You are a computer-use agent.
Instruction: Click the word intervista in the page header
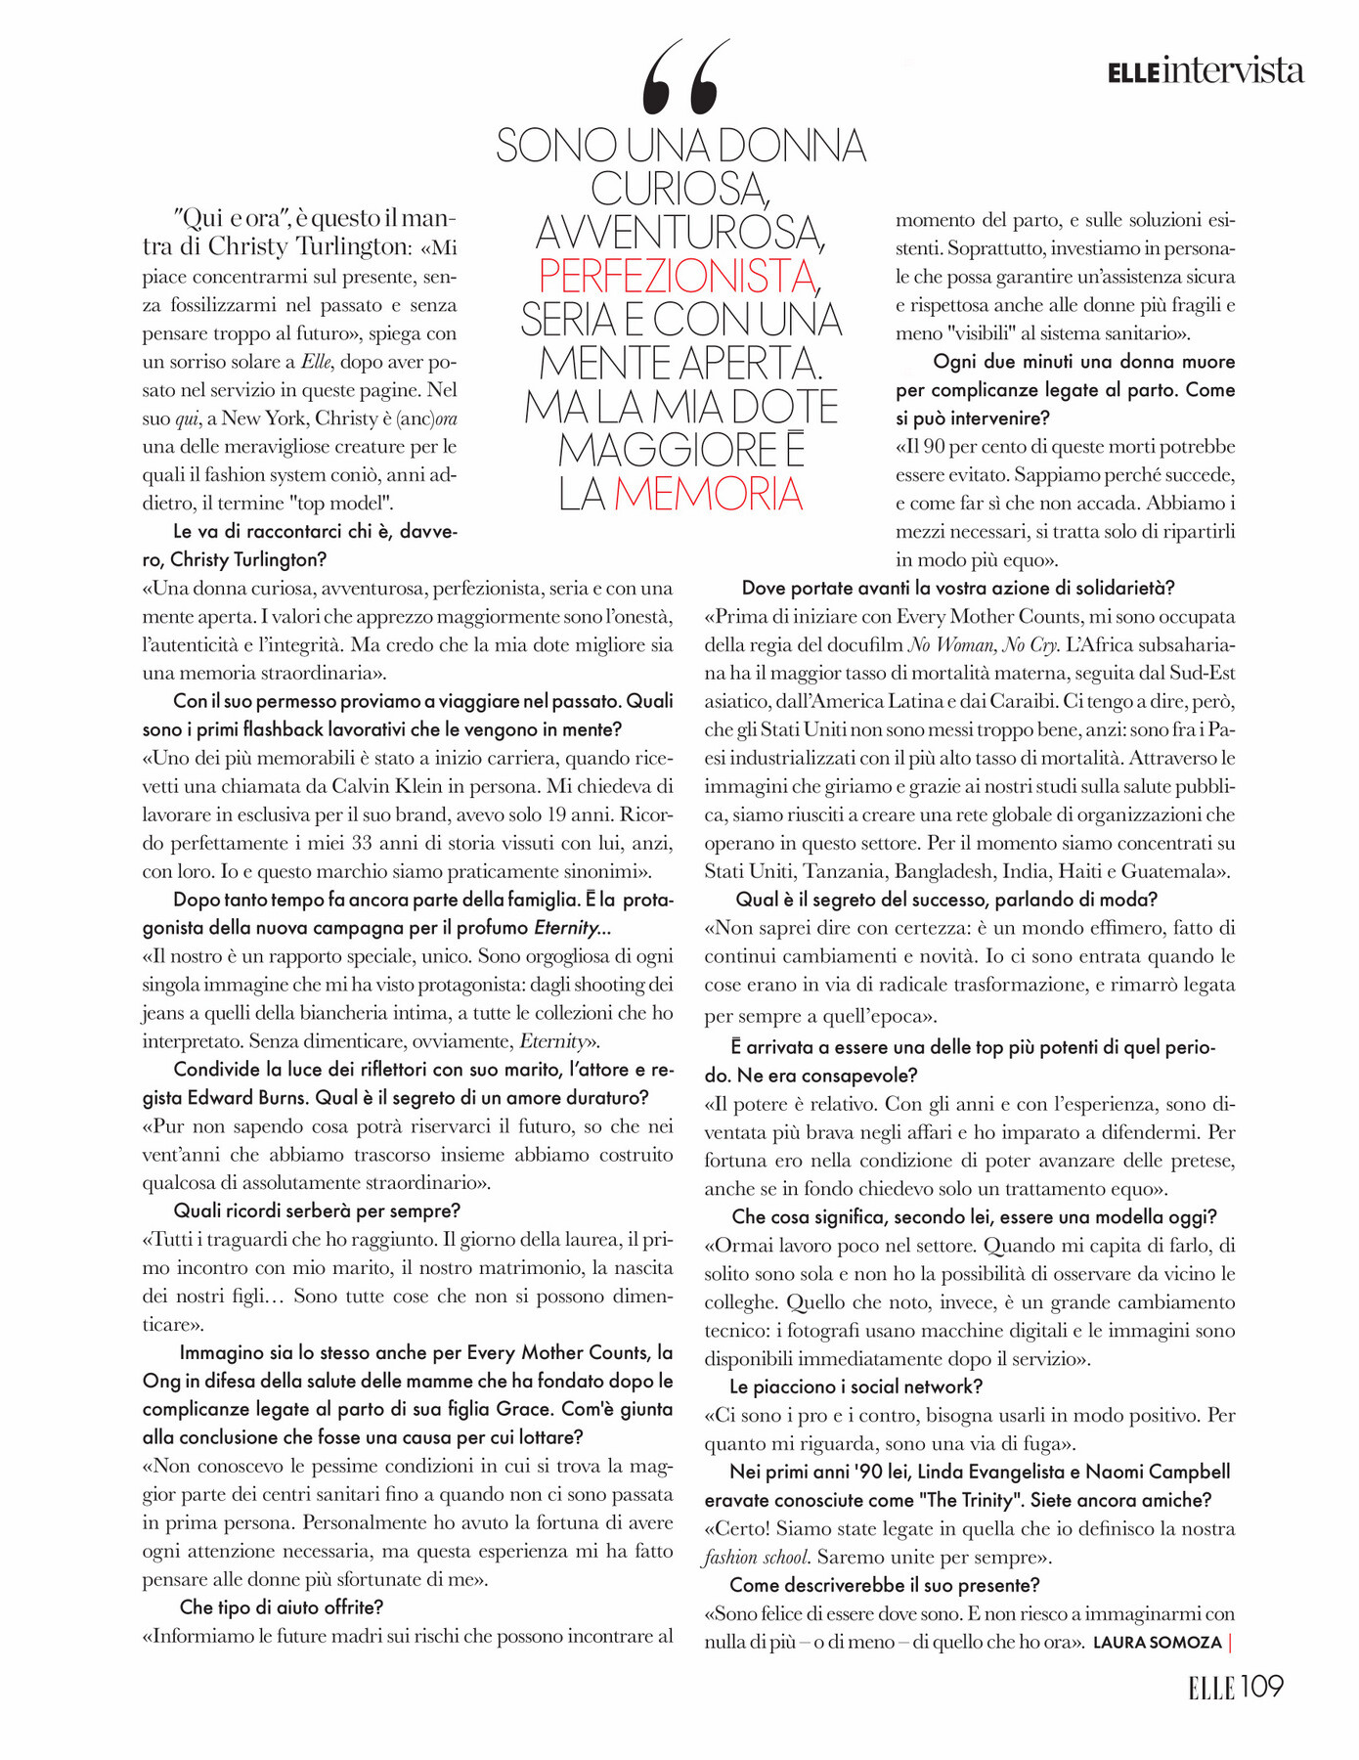coord(1234,71)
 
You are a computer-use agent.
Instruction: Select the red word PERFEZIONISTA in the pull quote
coord(678,276)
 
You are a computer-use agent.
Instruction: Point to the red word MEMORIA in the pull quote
coord(709,494)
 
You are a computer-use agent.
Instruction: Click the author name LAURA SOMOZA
coord(1157,1643)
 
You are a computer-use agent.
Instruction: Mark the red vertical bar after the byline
coord(1230,1643)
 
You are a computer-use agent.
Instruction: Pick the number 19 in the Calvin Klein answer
coord(557,814)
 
